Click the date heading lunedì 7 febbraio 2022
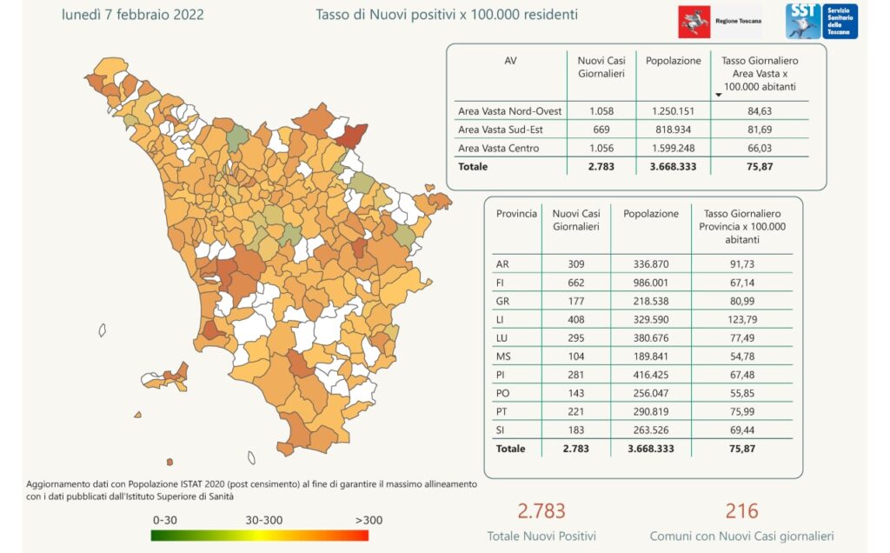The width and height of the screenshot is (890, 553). tap(133, 16)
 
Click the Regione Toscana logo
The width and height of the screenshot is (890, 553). tap(719, 22)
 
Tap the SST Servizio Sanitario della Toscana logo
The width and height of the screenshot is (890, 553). tap(821, 22)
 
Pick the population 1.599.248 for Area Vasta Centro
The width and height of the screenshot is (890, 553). tap(673, 148)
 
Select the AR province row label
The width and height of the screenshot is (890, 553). tap(502, 263)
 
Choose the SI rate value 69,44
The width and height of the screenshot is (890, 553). tap(741, 431)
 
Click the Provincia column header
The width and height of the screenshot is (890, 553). tap(516, 214)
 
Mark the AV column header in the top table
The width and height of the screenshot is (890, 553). tap(510, 62)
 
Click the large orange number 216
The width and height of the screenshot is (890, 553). tap(741, 510)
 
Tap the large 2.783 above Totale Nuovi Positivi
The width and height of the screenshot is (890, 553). tap(541, 510)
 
